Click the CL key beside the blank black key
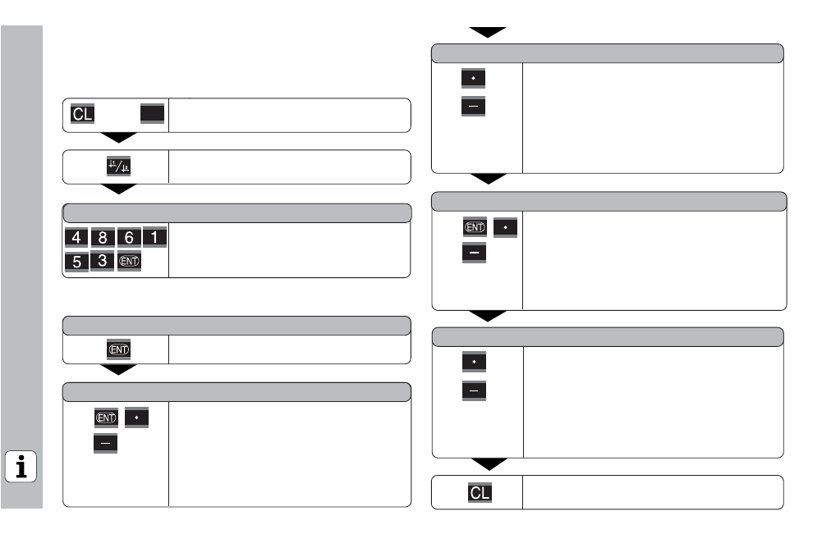point(82,114)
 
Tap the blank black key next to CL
point(152,114)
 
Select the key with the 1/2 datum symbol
point(119,167)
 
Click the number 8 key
point(103,238)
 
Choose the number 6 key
point(129,238)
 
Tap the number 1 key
point(154,237)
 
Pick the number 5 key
point(77,262)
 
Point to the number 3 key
point(103,261)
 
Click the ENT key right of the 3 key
point(129,261)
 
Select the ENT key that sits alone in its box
point(119,349)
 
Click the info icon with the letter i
point(21,467)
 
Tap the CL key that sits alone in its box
point(480,493)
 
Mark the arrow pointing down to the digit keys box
point(119,189)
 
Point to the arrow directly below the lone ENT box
point(119,369)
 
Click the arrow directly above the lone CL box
point(489,464)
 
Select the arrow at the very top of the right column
point(488,32)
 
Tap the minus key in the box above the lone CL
point(474,391)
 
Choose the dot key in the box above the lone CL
point(474,362)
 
